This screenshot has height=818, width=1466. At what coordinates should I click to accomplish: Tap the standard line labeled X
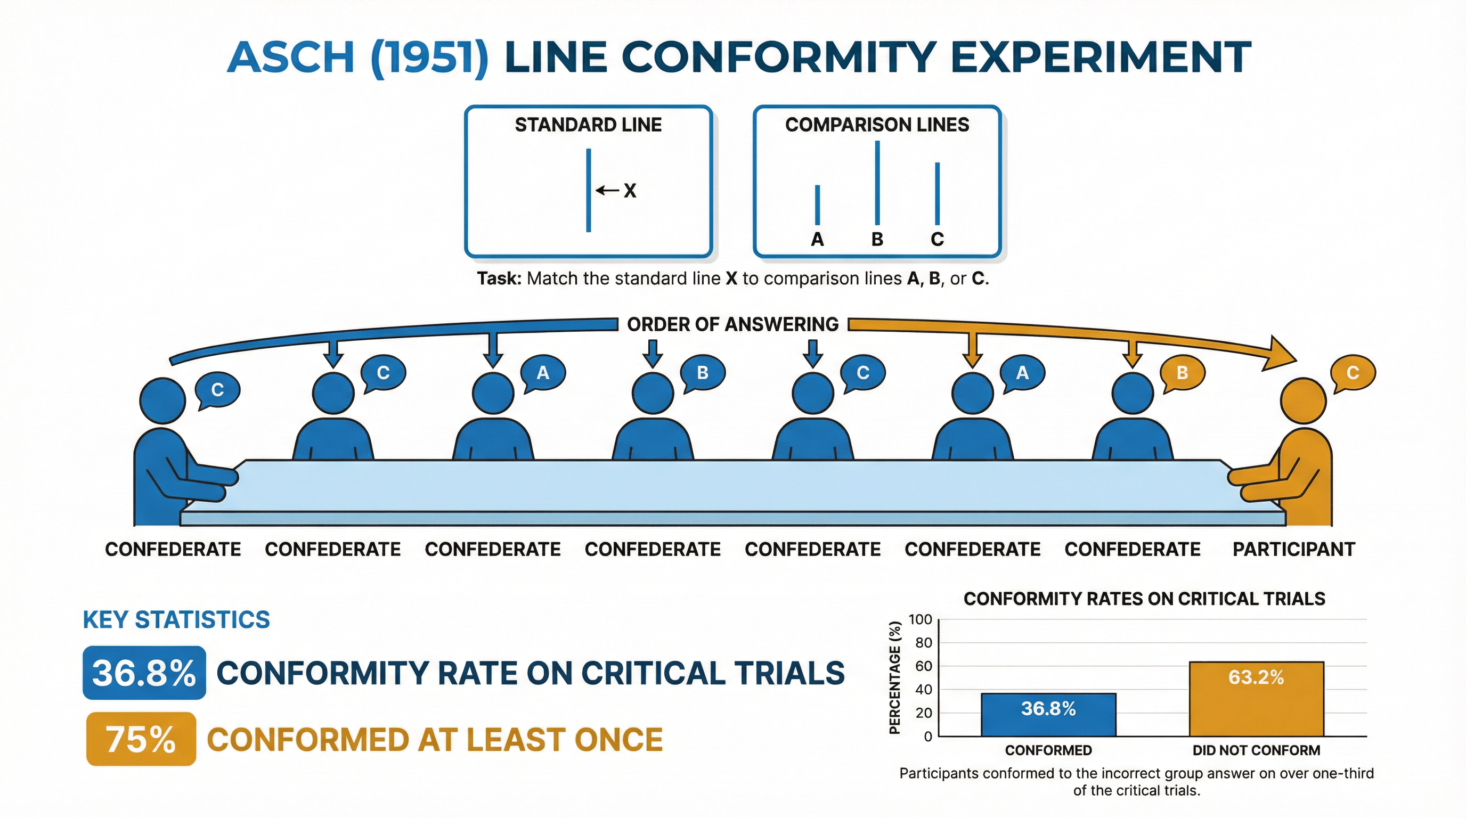coord(589,190)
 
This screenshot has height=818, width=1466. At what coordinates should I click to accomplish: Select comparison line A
coord(817,206)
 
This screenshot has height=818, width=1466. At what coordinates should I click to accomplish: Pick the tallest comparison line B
coord(877,183)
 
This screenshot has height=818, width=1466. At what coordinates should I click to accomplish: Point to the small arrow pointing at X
coord(607,190)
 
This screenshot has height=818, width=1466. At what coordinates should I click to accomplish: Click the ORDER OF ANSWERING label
coord(732,324)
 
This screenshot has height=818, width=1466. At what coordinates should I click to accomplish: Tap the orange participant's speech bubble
coord(1352,373)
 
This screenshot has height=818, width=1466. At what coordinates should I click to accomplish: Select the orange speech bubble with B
coord(1182,373)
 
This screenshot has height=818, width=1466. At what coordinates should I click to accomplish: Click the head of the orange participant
coord(1303,400)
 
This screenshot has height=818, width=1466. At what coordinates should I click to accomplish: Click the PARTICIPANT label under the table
coord(1293,549)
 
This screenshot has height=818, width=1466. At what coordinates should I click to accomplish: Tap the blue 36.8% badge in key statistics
coord(144,673)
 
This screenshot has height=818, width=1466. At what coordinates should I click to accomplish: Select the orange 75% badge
coord(141,739)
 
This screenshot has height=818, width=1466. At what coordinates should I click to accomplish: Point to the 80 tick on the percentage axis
coord(923,643)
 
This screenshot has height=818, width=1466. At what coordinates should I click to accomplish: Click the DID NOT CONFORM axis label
coord(1256,750)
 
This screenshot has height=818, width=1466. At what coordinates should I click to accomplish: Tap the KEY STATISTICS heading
coord(176,619)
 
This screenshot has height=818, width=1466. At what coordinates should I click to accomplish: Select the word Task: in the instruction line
coord(499,279)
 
